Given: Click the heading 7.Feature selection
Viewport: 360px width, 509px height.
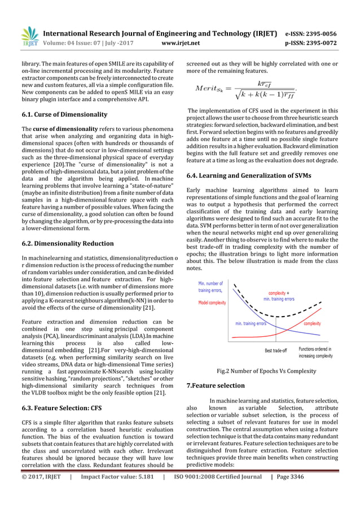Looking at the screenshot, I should click(215, 385).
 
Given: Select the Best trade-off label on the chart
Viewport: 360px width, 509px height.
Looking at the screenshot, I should click(276, 350).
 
